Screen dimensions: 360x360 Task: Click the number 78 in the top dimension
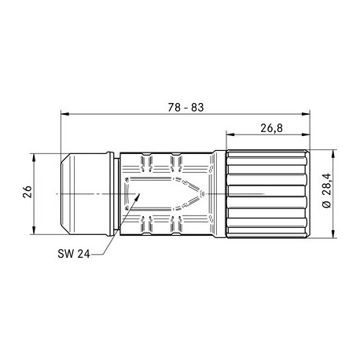tap(174, 107)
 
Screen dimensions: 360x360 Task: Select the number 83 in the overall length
tap(197, 107)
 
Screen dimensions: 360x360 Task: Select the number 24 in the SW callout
tap(82, 254)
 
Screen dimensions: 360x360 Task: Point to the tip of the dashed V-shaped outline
tap(206, 193)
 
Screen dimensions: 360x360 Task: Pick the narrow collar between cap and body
tap(114, 193)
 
